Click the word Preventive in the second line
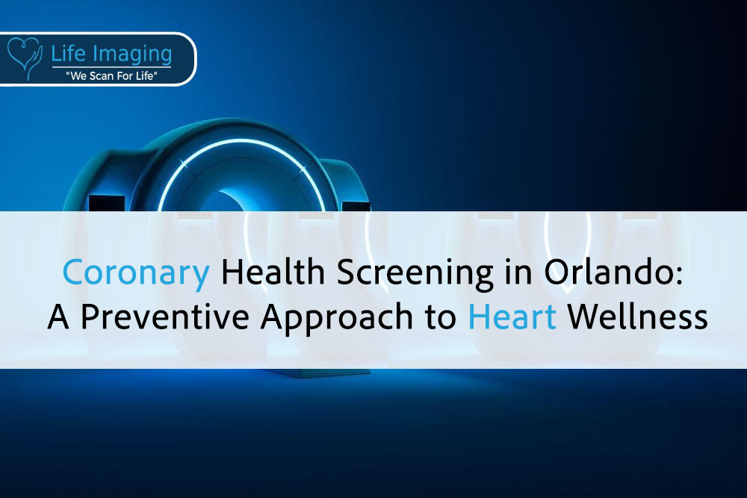tap(165, 316)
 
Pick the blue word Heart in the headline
tap(512, 316)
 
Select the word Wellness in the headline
tap(637, 316)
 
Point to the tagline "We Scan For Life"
tap(111, 75)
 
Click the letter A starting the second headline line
tap(58, 317)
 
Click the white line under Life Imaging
tap(111, 67)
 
